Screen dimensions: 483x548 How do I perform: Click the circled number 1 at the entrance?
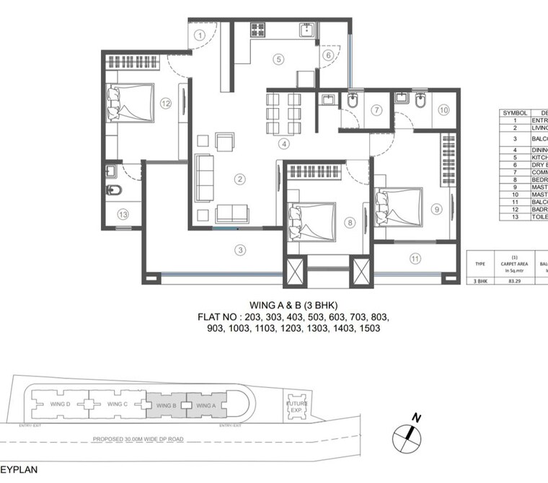point(200,35)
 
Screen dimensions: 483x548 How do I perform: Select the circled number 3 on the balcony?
point(239,250)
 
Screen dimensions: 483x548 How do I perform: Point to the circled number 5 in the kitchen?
point(278,59)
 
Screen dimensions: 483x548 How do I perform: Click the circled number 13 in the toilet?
point(123,214)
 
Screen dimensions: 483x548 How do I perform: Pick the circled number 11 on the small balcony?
point(415,257)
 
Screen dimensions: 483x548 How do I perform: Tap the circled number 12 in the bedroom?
point(166,104)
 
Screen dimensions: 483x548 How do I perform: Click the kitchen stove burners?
point(259,30)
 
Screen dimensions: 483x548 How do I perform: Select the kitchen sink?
point(307,30)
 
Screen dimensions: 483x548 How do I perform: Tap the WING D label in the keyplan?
point(60,404)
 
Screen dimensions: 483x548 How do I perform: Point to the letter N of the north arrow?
point(416,417)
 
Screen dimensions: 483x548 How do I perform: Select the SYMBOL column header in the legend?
point(516,113)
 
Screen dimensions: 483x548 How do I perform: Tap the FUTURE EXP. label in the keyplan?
point(296,407)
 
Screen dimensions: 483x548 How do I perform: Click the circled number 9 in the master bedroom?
point(436,210)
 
